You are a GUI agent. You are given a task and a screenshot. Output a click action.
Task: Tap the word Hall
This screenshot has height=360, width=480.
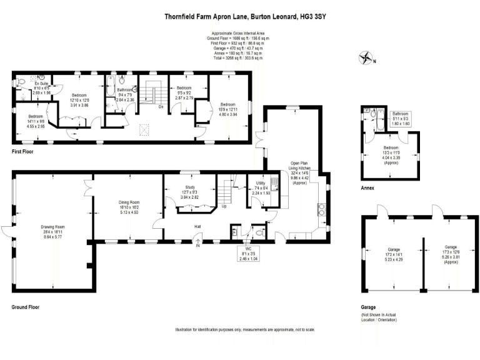197,226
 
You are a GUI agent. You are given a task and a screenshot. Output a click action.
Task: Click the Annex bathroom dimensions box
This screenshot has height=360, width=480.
400,119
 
